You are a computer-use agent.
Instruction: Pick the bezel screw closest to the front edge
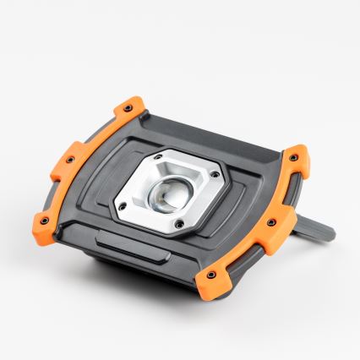coord(179,223)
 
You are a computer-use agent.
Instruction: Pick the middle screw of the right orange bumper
coord(270,222)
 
